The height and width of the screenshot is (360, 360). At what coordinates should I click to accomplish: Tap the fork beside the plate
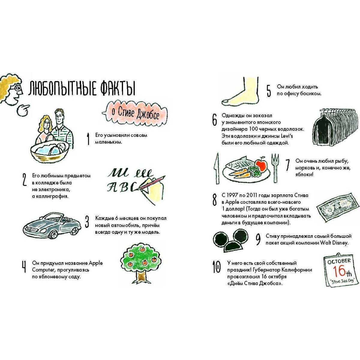click(x=275, y=168)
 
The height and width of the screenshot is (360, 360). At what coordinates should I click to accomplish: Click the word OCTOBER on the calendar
click(x=339, y=261)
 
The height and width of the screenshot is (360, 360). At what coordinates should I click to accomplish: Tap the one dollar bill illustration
click(x=338, y=207)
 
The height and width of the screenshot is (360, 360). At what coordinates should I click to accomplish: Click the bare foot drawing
click(x=241, y=91)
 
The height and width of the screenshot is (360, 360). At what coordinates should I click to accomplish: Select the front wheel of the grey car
click(x=53, y=234)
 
